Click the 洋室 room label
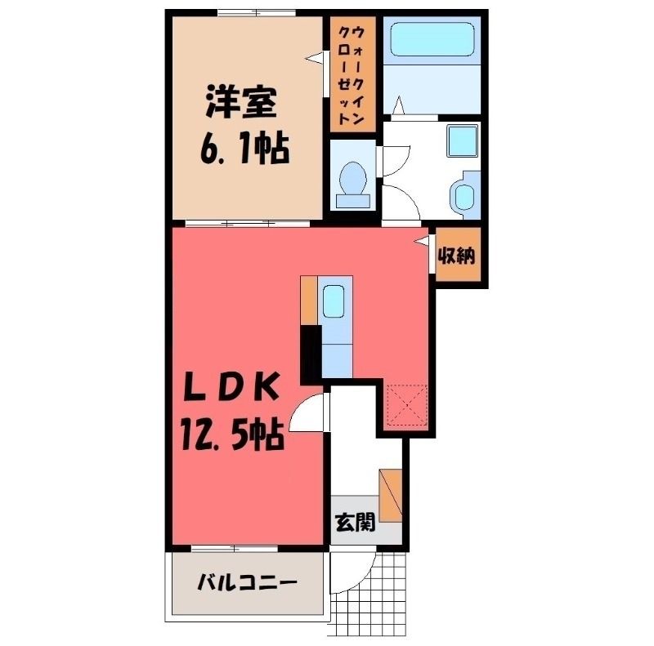click(x=241, y=102)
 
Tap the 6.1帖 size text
click(x=244, y=149)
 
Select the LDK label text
click(x=231, y=387)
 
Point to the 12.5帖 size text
click(x=233, y=435)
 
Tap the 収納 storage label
click(x=457, y=255)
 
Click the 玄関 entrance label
click(x=356, y=522)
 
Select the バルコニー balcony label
click(x=248, y=581)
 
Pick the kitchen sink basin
click(x=334, y=301)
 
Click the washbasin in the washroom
click(x=464, y=194)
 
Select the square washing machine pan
click(x=462, y=140)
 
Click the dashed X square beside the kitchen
click(x=407, y=406)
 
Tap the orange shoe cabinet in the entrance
click(x=391, y=495)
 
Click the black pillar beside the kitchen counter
click(x=311, y=354)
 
